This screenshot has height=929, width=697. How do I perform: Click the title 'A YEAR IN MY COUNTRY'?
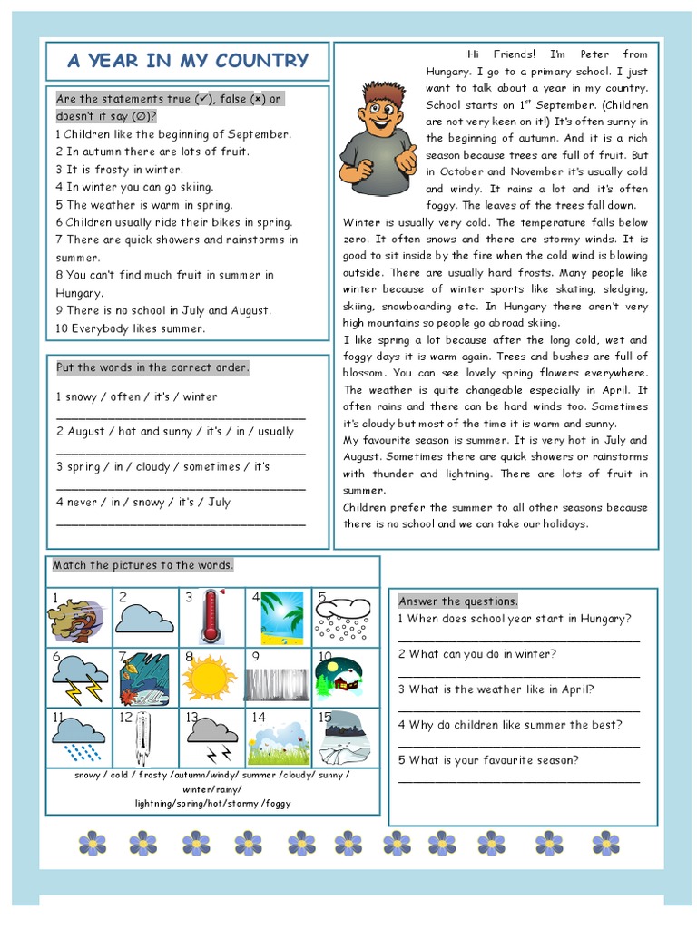pos(188,62)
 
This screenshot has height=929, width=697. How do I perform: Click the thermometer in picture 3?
pos(211,616)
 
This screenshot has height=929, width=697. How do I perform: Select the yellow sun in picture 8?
pos(210,676)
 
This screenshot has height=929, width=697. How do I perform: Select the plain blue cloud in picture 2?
pos(145,618)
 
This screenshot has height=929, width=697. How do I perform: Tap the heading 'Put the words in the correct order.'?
pos(152,367)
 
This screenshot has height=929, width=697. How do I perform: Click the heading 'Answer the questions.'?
pos(458,601)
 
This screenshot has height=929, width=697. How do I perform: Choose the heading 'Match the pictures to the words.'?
pos(143,565)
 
